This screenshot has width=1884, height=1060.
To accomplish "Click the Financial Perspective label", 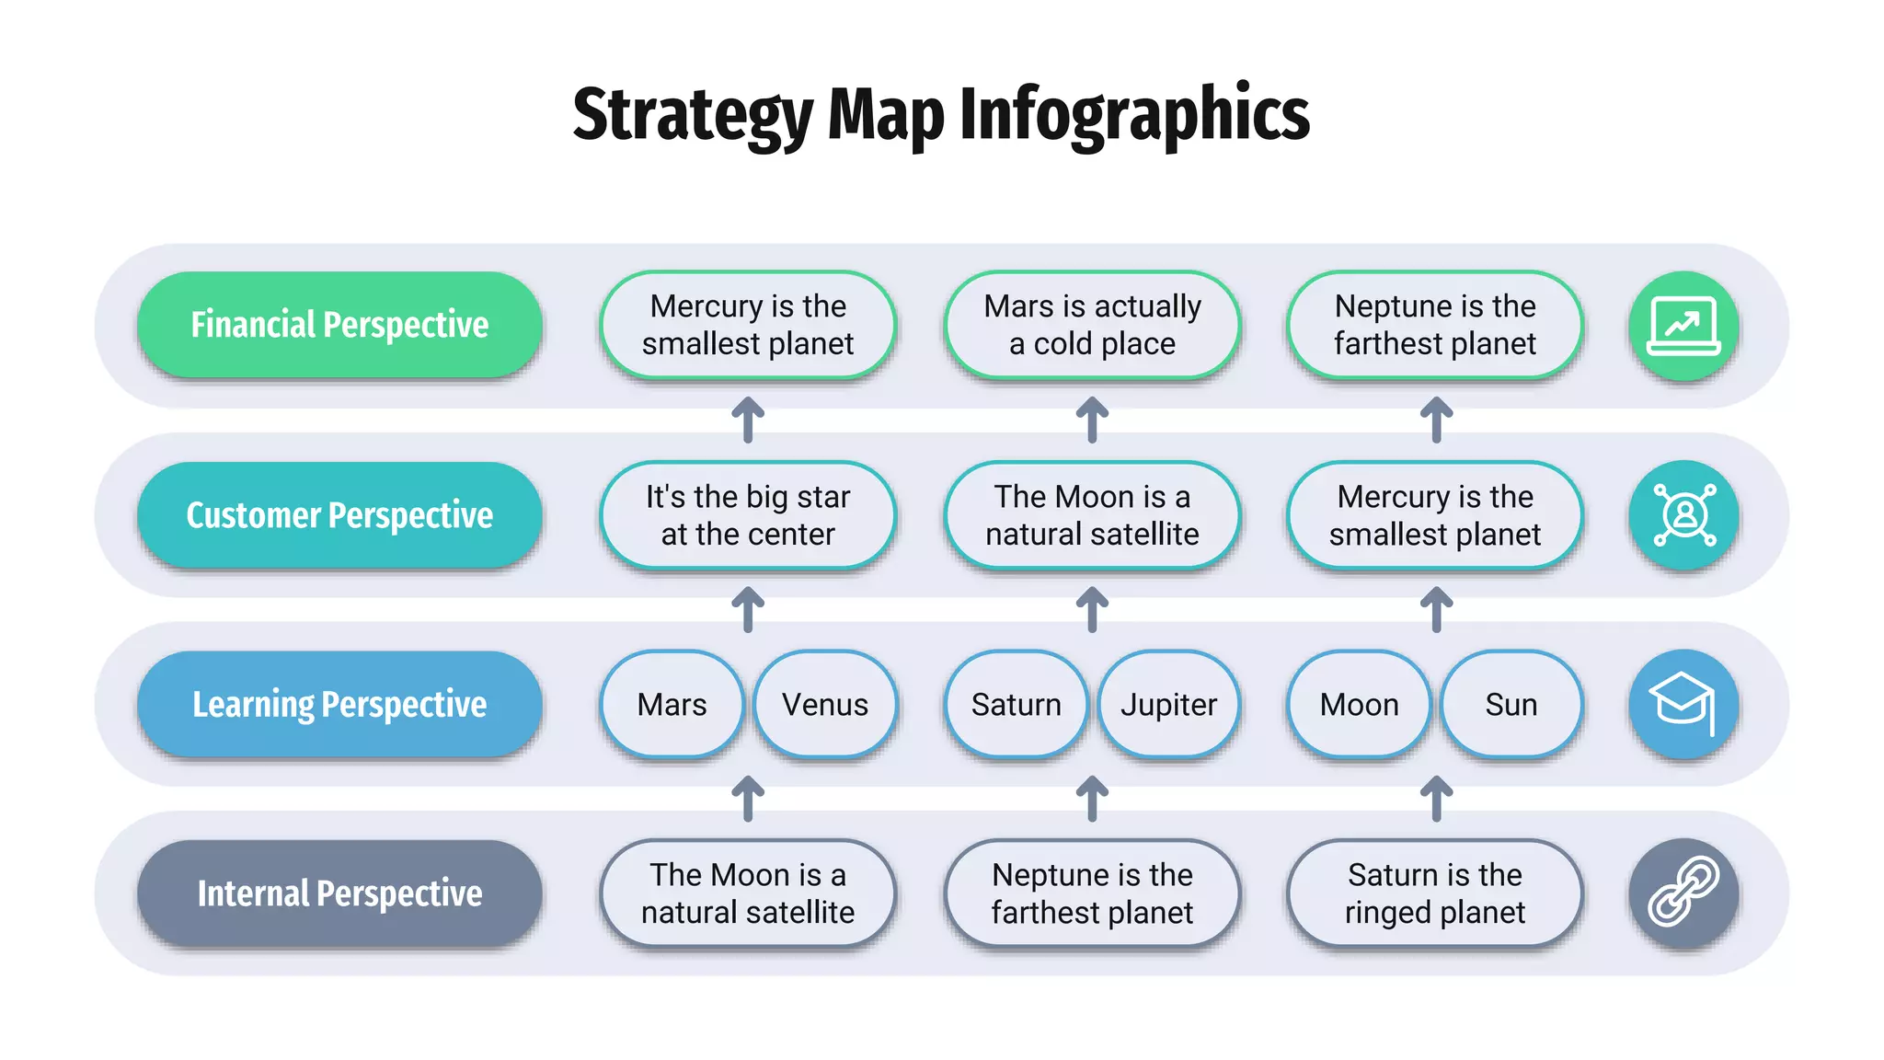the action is point(339,325).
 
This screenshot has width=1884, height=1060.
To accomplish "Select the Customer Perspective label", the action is point(339,515).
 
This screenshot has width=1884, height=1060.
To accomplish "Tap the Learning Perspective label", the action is point(339,705).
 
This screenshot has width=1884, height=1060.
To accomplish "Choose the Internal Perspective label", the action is point(339,893).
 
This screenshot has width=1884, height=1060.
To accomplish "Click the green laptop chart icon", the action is point(1683,326).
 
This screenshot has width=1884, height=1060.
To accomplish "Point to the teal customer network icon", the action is point(1683,515).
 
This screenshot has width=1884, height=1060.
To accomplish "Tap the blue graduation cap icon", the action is point(1683,705).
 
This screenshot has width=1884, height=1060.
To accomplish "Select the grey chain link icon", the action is point(1683,893).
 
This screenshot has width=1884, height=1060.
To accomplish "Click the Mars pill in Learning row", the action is point(672,705).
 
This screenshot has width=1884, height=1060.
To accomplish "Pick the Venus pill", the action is point(825,705).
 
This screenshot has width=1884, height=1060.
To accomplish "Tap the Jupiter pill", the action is point(1168,705).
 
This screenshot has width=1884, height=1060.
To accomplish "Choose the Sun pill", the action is point(1511,705).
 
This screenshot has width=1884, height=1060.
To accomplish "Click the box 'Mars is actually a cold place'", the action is point(1092,325).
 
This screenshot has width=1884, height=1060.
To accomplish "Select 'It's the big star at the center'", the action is point(748,515).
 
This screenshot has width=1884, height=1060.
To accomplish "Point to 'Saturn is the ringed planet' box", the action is point(1435,893).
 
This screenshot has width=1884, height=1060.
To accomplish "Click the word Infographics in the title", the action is point(1134,114).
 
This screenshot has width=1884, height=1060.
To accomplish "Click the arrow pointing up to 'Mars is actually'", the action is point(1092,420).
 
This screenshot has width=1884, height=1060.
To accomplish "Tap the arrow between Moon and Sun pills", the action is point(1436,799).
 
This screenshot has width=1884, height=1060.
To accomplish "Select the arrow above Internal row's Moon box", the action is point(748,799).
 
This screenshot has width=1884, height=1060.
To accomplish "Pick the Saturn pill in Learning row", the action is point(1016,705).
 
